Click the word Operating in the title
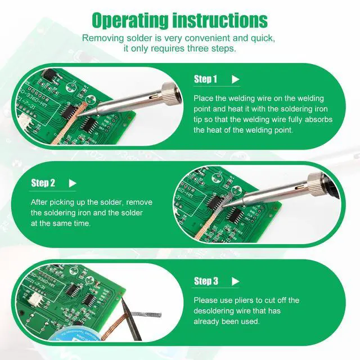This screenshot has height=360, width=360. [x=130, y=20]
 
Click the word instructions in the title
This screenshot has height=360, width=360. [x=220, y=20]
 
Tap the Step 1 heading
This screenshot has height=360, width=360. [x=205, y=79]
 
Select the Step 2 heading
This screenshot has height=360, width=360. [x=43, y=183]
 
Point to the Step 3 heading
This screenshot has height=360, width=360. [x=206, y=281]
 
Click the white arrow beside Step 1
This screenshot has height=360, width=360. [x=235, y=79]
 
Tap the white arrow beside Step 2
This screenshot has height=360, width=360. [x=73, y=183]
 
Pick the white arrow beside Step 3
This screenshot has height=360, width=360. [x=235, y=281]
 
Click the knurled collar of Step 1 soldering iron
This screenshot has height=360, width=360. [x=170, y=94]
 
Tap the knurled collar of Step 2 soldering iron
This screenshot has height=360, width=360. [x=316, y=183]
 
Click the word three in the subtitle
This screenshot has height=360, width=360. [x=197, y=48]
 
